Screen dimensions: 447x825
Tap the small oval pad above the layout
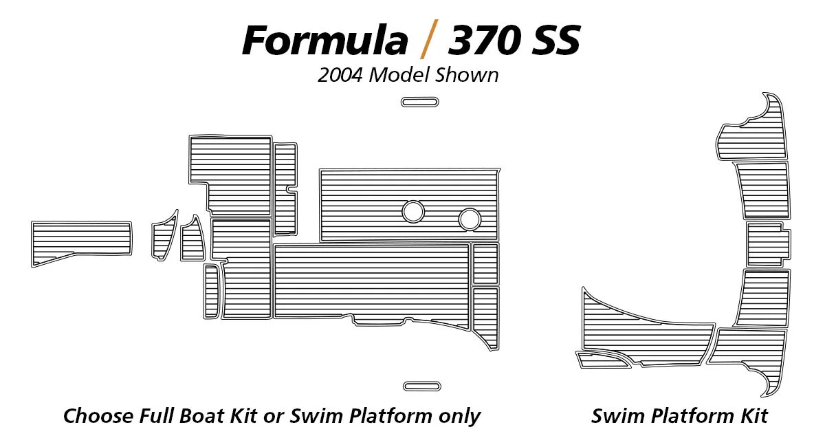pos(419,102)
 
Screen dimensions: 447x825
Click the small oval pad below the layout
pos(422,386)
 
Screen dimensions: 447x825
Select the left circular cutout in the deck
pos(412,211)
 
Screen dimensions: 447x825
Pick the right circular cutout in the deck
pos(470,219)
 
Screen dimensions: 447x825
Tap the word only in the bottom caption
pos(456,416)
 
